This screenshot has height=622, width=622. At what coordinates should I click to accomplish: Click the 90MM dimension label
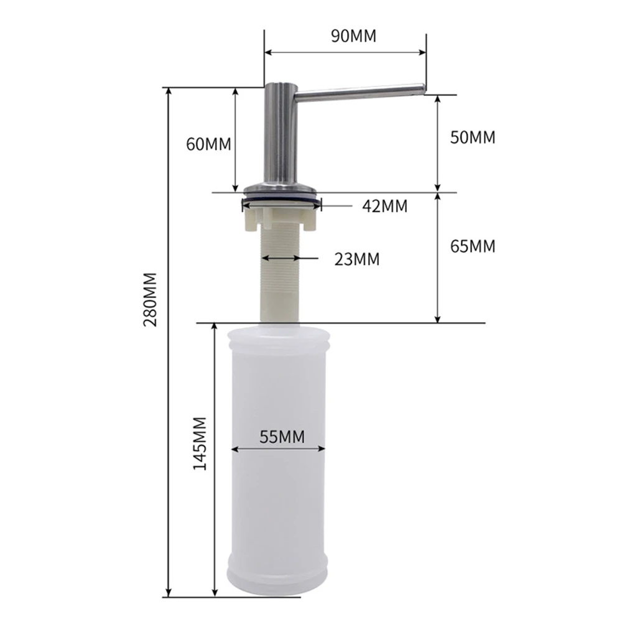tap(353, 36)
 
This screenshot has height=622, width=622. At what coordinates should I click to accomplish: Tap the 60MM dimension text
tap(208, 144)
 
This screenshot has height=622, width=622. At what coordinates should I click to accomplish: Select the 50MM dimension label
tap(473, 137)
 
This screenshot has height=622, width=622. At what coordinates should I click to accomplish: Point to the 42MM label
tap(384, 207)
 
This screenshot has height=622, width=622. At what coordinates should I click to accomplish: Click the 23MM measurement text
tap(356, 259)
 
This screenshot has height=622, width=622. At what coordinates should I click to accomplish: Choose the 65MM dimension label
tap(473, 246)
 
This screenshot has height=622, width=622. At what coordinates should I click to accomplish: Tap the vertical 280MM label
tap(151, 300)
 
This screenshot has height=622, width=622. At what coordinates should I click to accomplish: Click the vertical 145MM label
tap(200, 443)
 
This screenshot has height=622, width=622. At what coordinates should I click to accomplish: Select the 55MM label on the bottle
tap(282, 437)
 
